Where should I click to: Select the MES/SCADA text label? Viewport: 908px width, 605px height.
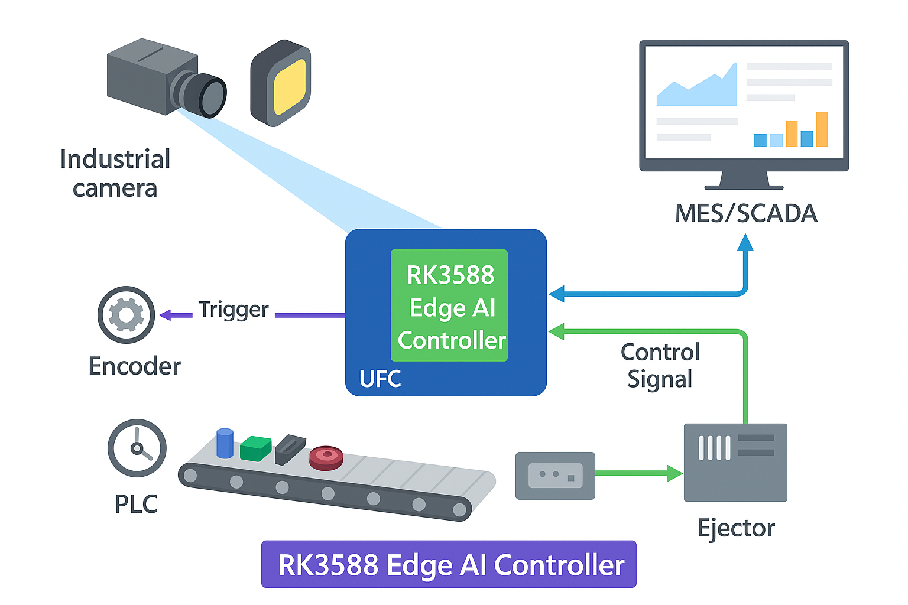pyautogui.click(x=746, y=213)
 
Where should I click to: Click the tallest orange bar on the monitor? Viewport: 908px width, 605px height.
pyautogui.click(x=821, y=129)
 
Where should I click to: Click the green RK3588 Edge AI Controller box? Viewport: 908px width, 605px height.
pyautogui.click(x=449, y=305)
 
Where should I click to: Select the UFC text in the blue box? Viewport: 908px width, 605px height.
pyautogui.click(x=380, y=379)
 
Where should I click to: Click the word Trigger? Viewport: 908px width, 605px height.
pyautogui.click(x=234, y=310)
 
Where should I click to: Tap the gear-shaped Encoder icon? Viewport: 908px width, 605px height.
pyautogui.click(x=126, y=315)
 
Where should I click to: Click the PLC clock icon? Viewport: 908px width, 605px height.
pyautogui.click(x=137, y=448)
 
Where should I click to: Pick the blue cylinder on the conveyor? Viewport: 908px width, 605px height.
pyautogui.click(x=225, y=444)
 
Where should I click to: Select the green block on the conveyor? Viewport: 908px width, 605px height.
pyautogui.click(x=255, y=448)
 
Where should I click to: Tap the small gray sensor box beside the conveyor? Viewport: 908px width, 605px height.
pyautogui.click(x=555, y=475)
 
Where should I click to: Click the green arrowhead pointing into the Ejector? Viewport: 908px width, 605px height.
pyautogui.click(x=674, y=473)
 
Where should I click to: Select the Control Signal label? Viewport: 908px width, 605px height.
pyautogui.click(x=660, y=365)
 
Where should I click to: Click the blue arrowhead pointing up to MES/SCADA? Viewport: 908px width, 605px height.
pyautogui.click(x=745, y=242)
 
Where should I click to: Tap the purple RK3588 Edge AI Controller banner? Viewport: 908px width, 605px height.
pyautogui.click(x=449, y=564)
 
